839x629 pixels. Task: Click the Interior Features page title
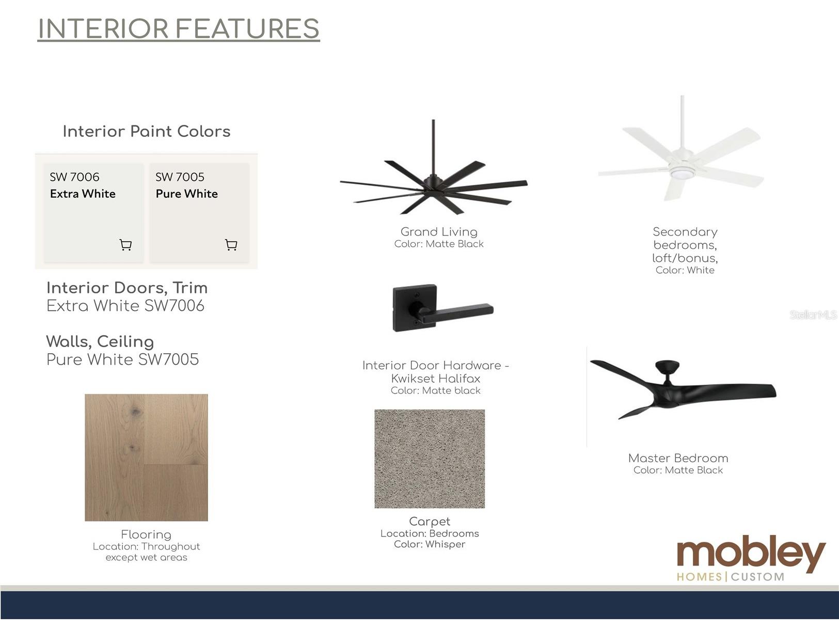pyautogui.click(x=179, y=28)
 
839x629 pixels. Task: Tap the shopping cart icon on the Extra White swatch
pyautogui.click(x=126, y=245)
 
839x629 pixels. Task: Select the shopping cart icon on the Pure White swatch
pyautogui.click(x=231, y=245)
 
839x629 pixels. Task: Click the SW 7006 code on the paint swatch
pyautogui.click(x=74, y=177)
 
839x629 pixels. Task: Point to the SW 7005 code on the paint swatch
pyautogui.click(x=180, y=177)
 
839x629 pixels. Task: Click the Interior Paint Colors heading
pyautogui.click(x=147, y=132)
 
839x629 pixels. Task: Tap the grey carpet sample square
pyautogui.click(x=430, y=459)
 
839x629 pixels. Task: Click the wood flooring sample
pyautogui.click(x=147, y=458)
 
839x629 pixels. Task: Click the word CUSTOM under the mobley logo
pyautogui.click(x=757, y=577)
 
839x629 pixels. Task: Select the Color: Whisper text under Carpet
pyautogui.click(x=430, y=544)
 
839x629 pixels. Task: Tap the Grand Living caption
pyautogui.click(x=439, y=232)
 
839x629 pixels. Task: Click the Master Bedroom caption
pyautogui.click(x=678, y=458)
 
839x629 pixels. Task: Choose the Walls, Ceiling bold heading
pyautogui.click(x=100, y=342)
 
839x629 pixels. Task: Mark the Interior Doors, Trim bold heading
pyautogui.click(x=127, y=288)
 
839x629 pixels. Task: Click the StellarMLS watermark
pyautogui.click(x=813, y=315)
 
